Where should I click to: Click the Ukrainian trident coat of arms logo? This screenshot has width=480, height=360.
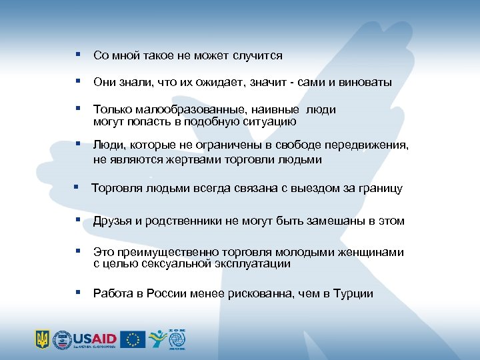click(x=42, y=339)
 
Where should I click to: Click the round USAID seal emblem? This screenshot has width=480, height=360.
click(x=62, y=339)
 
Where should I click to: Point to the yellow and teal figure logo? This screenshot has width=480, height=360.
click(x=157, y=339)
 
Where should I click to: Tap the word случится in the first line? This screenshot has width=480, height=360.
click(x=258, y=55)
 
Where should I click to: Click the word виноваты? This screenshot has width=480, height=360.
click(x=365, y=83)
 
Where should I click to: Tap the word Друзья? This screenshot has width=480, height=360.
click(x=113, y=221)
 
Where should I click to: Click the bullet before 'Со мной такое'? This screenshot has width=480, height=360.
click(x=78, y=55)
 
